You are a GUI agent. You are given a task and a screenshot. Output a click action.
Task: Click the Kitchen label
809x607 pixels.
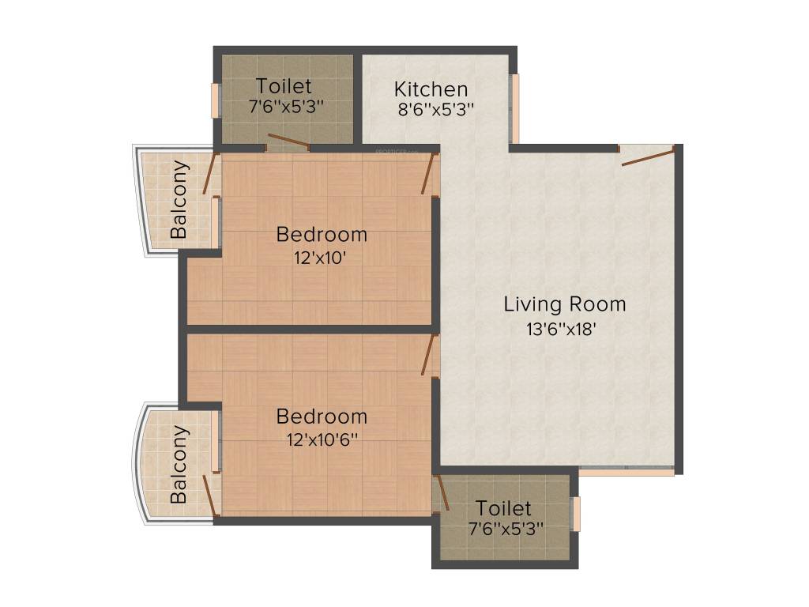431,89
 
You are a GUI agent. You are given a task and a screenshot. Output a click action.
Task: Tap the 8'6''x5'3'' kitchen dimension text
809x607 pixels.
435,111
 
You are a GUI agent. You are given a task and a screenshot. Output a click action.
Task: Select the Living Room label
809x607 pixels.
564,303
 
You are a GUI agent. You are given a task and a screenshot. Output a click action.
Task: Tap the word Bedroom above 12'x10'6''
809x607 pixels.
321,416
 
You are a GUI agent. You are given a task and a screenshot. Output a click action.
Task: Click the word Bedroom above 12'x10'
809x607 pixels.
321,234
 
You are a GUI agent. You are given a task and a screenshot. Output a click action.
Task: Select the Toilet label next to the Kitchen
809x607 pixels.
284,86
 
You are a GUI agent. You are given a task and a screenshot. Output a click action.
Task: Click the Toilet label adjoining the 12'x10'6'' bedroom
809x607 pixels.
503,507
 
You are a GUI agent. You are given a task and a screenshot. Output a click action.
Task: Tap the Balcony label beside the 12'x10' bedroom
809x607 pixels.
180,199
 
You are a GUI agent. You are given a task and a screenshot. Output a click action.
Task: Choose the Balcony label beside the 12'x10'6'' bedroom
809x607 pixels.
180,465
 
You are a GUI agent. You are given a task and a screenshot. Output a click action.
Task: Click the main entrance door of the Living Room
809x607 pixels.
649,156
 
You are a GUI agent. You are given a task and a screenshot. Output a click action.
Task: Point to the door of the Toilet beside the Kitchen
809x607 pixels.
287,142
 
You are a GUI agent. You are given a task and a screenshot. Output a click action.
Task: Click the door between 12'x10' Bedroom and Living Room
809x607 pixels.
430,174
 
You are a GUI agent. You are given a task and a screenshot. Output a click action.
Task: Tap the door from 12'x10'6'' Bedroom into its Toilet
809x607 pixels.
442,492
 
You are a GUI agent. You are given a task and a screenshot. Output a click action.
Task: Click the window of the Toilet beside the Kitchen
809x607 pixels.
214,100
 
